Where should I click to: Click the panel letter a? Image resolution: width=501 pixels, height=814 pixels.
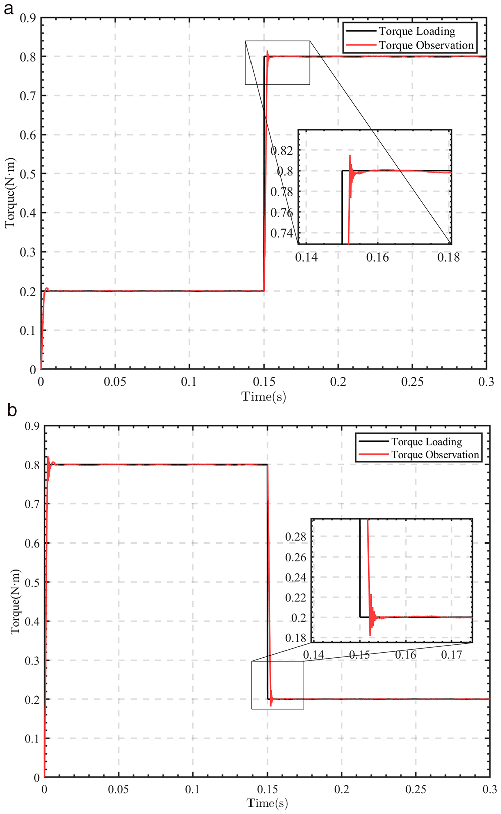point(9,9)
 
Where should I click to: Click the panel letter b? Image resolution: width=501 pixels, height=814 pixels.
point(12,411)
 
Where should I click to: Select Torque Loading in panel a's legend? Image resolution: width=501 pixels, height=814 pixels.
point(417,31)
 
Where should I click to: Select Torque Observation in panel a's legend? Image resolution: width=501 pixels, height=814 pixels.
point(426,45)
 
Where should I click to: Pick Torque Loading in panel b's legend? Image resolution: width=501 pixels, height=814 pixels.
point(426,441)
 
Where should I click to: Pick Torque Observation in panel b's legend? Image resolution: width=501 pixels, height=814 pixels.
point(435,455)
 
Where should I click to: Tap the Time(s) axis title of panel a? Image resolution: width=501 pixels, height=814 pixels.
point(264,396)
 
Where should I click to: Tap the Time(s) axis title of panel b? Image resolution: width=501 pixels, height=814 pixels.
point(267,803)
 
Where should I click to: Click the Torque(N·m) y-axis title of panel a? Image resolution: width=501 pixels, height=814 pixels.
point(10,193)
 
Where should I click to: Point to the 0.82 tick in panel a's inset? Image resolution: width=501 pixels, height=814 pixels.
point(282,150)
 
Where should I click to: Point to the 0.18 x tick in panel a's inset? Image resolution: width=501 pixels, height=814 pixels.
point(449,257)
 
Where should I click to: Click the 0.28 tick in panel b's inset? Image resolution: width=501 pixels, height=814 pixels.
point(296,536)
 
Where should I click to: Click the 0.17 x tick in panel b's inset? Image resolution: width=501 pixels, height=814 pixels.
point(451,655)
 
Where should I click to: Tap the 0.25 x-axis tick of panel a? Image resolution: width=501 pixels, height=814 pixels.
point(412,381)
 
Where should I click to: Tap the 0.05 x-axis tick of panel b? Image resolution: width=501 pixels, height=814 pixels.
point(118,789)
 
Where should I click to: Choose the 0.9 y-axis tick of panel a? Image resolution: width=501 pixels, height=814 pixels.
point(28,18)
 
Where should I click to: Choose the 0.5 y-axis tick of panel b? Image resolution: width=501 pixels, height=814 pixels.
point(33,582)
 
